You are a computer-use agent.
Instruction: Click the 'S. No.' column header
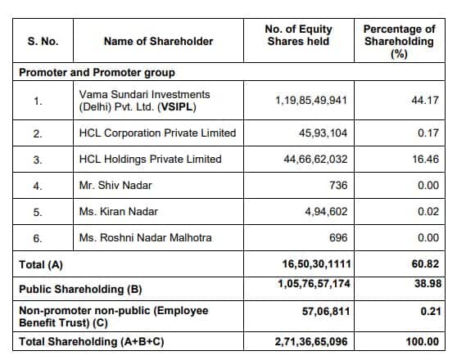click(40, 41)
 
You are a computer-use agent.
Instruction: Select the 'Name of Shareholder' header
click(158, 41)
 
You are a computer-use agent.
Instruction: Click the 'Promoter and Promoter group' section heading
click(91, 72)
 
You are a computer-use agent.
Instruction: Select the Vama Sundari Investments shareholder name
click(144, 101)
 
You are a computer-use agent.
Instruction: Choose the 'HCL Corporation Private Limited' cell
click(157, 133)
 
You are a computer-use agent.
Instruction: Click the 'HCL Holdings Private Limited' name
click(151, 159)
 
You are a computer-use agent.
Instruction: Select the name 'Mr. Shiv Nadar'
click(115, 185)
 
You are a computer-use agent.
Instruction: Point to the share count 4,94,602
click(325, 211)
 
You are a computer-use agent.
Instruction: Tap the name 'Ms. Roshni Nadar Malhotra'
click(145, 238)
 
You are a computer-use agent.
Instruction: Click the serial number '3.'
click(38, 159)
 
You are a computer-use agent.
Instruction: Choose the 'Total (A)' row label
click(41, 264)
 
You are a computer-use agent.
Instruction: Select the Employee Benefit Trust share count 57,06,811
click(323, 313)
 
